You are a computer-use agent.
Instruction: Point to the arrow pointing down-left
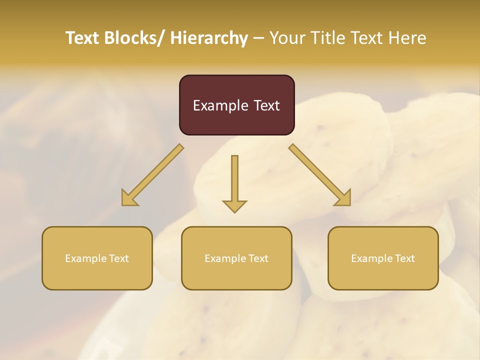pos(152,175)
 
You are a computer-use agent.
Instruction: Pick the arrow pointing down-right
pos(319,175)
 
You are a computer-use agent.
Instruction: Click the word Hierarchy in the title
pos(209,38)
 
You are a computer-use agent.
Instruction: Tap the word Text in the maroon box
pos(266,105)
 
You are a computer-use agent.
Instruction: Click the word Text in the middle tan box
pos(258,258)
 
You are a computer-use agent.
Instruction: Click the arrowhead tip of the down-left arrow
pos(123,204)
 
